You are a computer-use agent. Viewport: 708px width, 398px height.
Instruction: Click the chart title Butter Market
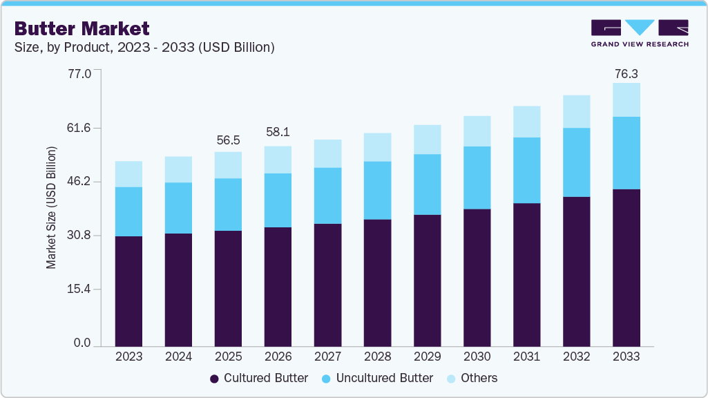tap(82, 28)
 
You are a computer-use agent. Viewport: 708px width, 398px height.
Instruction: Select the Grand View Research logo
tap(639, 33)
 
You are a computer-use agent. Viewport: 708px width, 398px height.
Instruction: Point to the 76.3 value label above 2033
tap(626, 73)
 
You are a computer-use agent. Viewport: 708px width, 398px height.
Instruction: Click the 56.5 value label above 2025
tap(228, 140)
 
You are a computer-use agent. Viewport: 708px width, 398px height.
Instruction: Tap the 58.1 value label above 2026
tap(278, 131)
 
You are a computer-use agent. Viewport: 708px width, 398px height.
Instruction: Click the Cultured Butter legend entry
tap(259, 378)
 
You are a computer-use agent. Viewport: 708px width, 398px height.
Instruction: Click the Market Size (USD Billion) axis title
tap(52, 207)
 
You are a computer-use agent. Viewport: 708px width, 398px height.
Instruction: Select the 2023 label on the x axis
tap(128, 357)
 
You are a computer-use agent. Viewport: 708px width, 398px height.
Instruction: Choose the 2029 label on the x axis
tap(427, 357)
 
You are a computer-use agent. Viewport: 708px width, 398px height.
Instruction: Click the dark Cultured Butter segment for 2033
tap(626, 267)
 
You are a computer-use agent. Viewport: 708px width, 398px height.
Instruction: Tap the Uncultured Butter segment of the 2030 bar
tap(477, 178)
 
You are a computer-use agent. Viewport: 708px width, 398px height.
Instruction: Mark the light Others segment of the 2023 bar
tap(128, 174)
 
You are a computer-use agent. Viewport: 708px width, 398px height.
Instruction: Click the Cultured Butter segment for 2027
tap(327, 285)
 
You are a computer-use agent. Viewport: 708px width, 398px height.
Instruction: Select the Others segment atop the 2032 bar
tap(576, 111)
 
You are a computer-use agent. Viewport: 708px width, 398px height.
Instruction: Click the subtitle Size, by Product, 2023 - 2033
tap(144, 48)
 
